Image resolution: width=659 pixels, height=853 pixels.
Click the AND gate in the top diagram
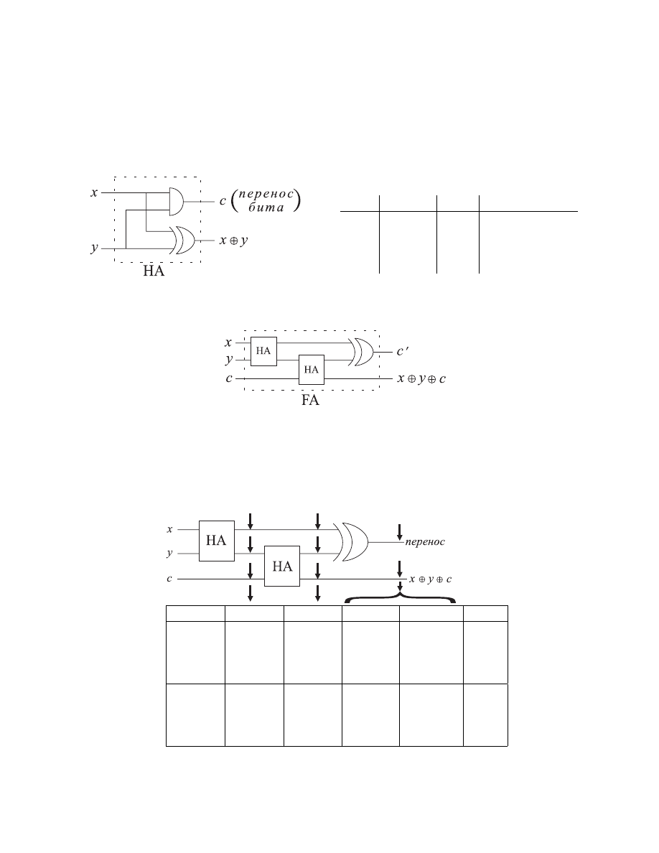tap(176, 201)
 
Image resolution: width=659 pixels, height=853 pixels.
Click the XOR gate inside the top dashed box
tap(183, 241)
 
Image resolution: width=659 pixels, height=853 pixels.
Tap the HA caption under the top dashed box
tap(154, 271)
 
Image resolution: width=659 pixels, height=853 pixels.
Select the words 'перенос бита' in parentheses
tap(266, 200)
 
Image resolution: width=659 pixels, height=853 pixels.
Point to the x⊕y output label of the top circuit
tap(234, 241)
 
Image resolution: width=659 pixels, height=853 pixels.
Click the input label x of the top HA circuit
tap(94, 192)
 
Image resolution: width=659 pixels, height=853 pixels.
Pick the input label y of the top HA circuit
tap(95, 248)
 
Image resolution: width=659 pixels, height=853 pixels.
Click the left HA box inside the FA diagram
tap(263, 351)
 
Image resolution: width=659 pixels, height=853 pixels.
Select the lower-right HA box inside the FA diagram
tap(312, 370)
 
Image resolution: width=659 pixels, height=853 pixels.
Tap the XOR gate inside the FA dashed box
tap(362, 351)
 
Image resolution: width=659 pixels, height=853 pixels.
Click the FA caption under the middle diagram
tap(310, 401)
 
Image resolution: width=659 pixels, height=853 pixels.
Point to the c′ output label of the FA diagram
tap(402, 351)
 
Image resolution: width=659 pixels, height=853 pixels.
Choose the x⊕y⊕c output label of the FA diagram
tap(421, 379)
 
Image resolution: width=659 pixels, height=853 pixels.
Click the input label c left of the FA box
tap(229, 378)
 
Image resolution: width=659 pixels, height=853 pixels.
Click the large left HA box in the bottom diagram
tap(216, 541)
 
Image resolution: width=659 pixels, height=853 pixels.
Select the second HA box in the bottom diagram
tap(282, 567)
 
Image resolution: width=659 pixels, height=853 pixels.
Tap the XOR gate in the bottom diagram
tap(351, 542)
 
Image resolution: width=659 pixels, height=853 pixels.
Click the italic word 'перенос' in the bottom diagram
tap(425, 542)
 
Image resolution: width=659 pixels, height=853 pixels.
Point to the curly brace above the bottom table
tap(400, 597)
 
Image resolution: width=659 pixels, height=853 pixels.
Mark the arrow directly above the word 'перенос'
tap(400, 532)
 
